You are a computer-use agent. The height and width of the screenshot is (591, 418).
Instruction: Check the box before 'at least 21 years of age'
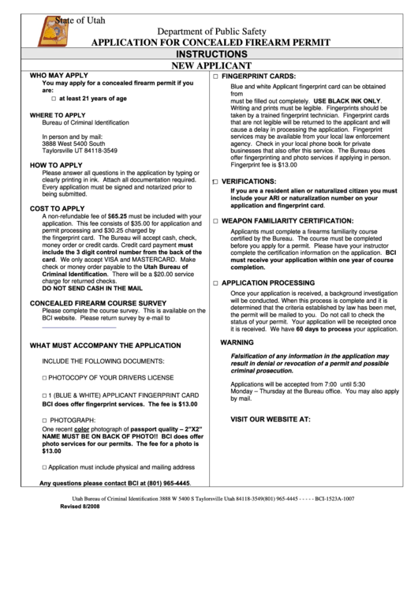pyautogui.click(x=54, y=99)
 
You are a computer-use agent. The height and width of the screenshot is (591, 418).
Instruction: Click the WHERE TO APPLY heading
pyautogui.click(x=58, y=115)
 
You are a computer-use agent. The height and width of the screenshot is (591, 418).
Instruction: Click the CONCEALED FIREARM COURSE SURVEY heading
pyautogui.click(x=97, y=303)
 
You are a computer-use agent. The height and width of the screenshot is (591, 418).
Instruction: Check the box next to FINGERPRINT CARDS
pyautogui.click(x=215, y=76)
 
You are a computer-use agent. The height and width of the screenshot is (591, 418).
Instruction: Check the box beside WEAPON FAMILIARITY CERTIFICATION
pyautogui.click(x=215, y=221)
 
